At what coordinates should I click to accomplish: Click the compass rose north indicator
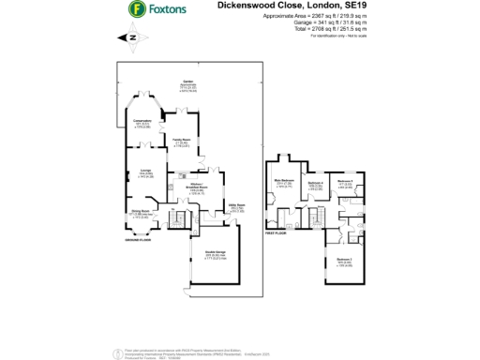(129, 38)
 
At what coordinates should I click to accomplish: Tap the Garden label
(187, 82)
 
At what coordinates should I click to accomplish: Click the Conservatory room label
(142, 122)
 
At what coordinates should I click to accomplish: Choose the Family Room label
(181, 140)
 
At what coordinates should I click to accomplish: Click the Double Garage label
(215, 251)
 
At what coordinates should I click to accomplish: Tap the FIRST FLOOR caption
(276, 232)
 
